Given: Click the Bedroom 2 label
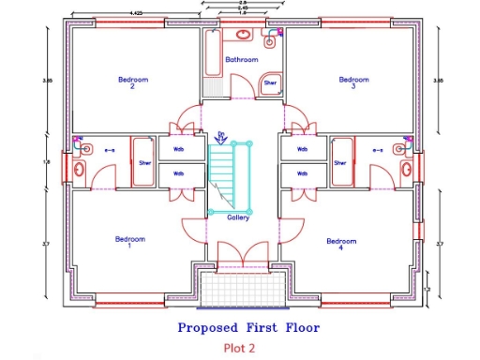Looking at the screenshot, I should (x=132, y=83).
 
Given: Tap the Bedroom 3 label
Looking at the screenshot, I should (x=353, y=83).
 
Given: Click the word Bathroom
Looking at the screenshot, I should (x=241, y=59).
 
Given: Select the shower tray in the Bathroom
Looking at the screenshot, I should (x=270, y=83).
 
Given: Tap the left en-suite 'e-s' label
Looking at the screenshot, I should (x=109, y=149).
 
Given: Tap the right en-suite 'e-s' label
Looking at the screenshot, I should (x=379, y=149).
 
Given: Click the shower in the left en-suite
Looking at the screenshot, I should (x=144, y=162).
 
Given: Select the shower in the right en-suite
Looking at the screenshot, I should (x=341, y=162).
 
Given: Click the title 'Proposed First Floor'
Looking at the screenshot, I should (x=248, y=328).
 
